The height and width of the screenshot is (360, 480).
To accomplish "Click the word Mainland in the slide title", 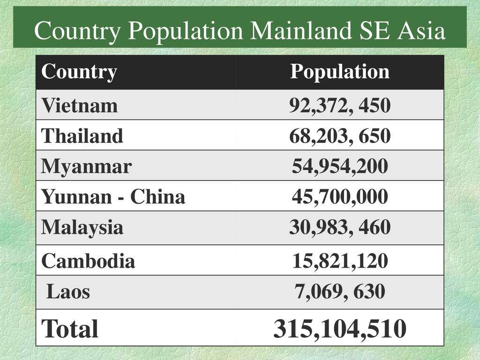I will pos(300,31).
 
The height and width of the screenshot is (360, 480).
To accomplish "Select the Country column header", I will pos(79,72).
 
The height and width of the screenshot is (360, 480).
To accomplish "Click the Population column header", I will pos(340,72).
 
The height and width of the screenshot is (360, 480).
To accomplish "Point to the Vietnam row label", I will pos(79,105).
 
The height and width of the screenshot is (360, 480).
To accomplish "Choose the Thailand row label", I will pos(82,136).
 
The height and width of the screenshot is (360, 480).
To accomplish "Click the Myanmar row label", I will pos(86,166).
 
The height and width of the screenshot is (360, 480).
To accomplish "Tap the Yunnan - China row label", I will pos(113,197).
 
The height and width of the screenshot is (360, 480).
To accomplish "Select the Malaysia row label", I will pos(82,227).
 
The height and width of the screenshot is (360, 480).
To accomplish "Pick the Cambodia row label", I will pos(88,261).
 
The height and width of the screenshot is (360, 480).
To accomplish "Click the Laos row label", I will pos(68,292).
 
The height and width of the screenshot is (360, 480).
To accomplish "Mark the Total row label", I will pos(70,329).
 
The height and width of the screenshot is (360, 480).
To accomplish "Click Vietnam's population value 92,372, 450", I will pos(340,105).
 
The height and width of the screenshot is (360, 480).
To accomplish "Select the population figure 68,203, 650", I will pos(340,136).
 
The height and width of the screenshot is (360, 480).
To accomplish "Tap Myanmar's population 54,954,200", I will pos(340,166).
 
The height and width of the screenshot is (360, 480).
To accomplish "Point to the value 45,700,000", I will pos(340,197).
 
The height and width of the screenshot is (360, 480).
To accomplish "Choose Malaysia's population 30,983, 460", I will pos(340,227).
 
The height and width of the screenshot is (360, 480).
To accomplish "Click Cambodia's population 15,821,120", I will pos(340,261).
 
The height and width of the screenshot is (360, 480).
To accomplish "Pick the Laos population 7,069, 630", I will pos(340,292).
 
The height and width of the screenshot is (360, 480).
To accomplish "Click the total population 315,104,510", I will pos(340,329).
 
